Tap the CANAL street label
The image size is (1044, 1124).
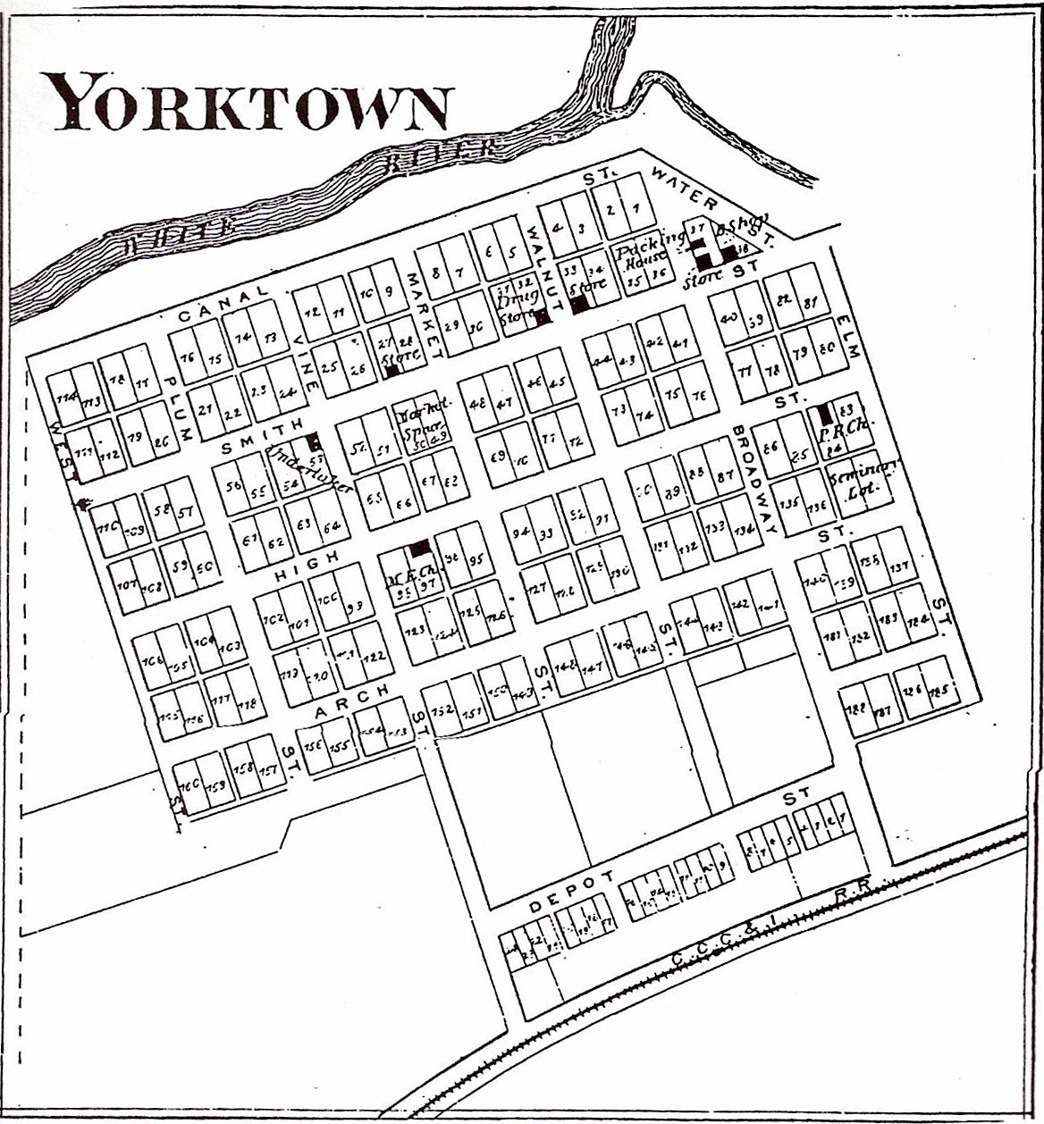223,303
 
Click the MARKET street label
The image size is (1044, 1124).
422,313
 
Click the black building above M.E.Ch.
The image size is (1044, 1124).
418,548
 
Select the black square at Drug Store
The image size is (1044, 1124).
541,315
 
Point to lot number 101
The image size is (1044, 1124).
299,623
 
